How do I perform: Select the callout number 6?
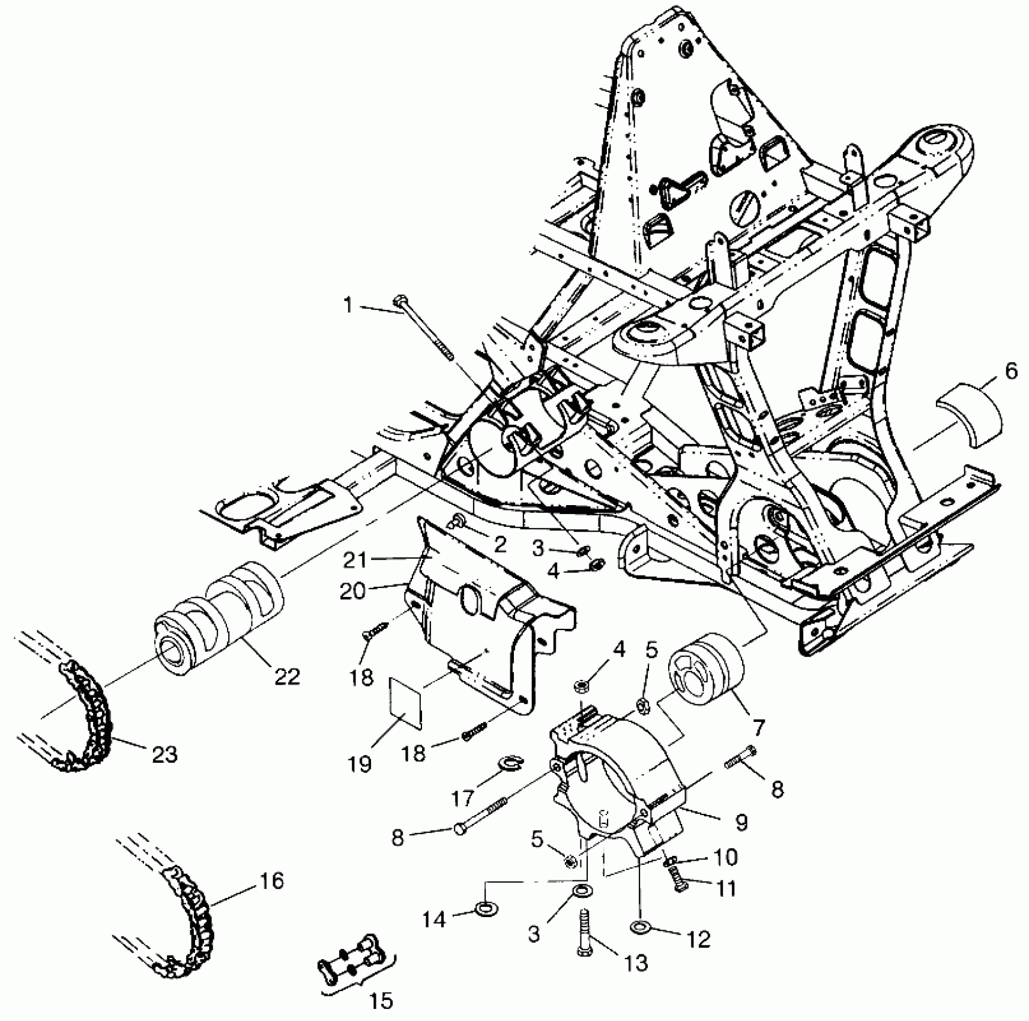point(1011,372)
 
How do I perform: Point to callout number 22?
point(286,677)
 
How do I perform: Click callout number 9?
point(741,822)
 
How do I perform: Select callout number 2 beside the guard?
point(499,545)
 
